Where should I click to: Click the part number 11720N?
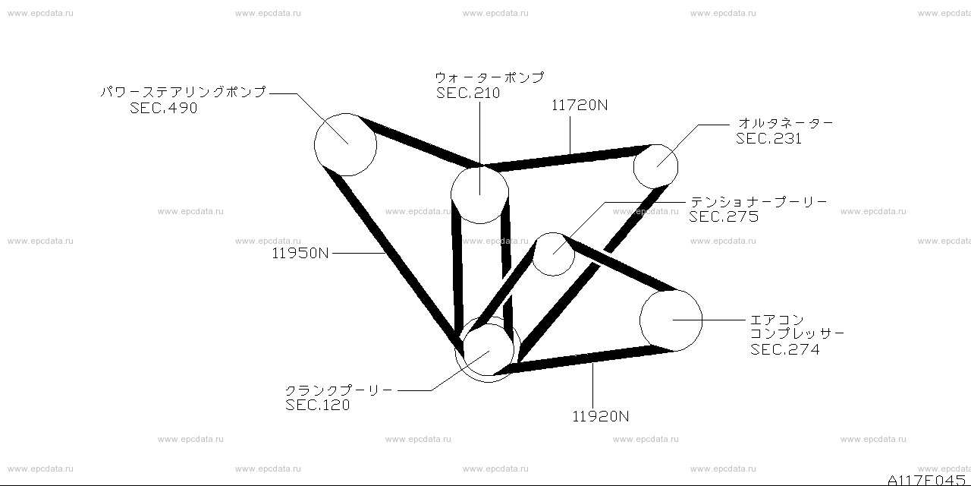(x=580, y=106)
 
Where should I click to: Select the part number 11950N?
(x=300, y=254)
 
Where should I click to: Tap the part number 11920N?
(x=600, y=417)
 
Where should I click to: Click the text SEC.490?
(x=163, y=108)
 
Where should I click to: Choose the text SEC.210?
(x=468, y=93)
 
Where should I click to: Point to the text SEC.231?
(x=768, y=139)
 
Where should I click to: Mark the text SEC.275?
(x=724, y=217)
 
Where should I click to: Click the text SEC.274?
(x=785, y=350)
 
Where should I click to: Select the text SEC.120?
(x=317, y=406)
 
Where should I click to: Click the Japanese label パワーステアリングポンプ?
(x=184, y=92)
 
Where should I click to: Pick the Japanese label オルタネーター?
(x=785, y=123)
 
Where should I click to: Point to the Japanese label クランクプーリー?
(x=339, y=390)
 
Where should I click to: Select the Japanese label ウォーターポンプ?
(x=489, y=77)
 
